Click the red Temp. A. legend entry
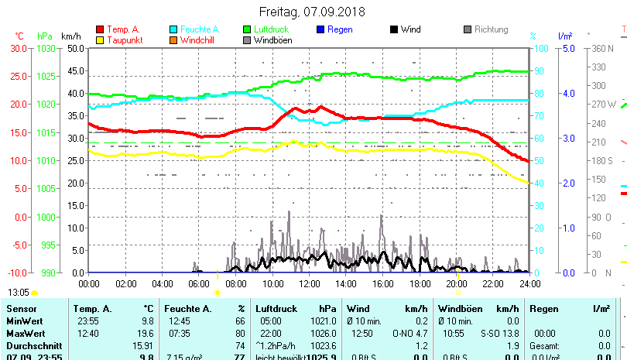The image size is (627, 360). pyautogui.click(x=123, y=29)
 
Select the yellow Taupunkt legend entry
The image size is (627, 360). pyautogui.click(x=124, y=39)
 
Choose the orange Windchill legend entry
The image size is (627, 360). pyautogui.click(x=199, y=39)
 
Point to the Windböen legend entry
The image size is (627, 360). pyautogui.click(x=272, y=39)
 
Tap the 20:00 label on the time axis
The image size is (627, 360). pyautogui.click(x=456, y=283)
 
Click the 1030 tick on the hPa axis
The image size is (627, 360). pyautogui.click(x=46, y=48)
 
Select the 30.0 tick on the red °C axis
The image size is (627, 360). pyautogui.click(x=18, y=48)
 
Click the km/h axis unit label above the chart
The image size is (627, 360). pyautogui.click(x=70, y=36)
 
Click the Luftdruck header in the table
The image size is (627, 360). pyautogui.click(x=276, y=309)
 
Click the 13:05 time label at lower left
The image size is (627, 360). pyautogui.click(x=19, y=293)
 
